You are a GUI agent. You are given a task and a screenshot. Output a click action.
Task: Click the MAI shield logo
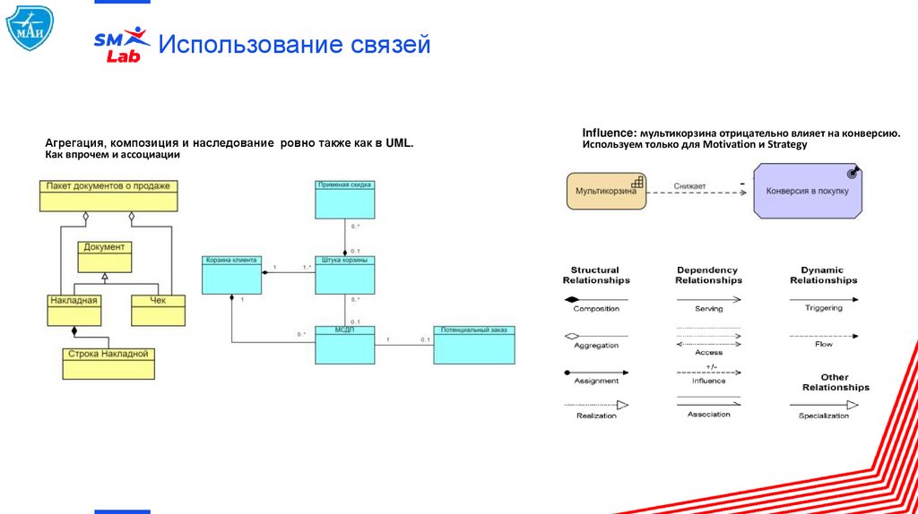30,28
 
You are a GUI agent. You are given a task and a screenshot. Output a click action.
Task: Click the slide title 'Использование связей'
295,45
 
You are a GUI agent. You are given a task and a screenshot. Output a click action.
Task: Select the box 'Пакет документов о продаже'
108,195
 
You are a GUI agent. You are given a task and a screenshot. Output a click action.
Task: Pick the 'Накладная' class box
74,310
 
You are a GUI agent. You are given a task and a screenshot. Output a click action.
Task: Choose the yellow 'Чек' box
159,310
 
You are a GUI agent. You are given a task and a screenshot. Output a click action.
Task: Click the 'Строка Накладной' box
108,364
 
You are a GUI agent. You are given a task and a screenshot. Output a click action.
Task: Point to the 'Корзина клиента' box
232,275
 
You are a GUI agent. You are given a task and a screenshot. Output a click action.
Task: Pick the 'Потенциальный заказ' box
474,345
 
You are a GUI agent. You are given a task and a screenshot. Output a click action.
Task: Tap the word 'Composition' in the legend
596,309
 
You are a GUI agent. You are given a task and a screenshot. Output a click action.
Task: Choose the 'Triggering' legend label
823,308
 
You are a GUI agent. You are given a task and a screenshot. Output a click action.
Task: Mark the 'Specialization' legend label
823,415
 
